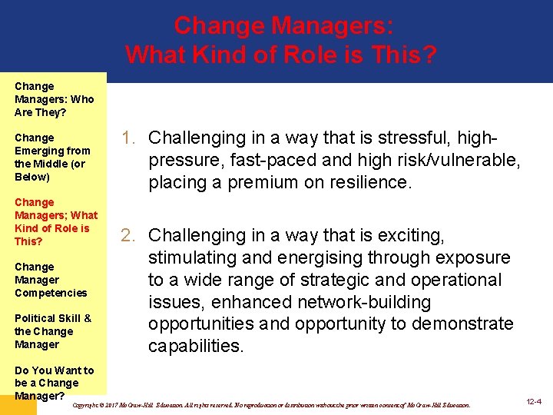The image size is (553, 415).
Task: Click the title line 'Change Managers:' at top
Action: [x=284, y=25]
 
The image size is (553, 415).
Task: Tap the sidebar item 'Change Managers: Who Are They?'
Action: [x=54, y=99]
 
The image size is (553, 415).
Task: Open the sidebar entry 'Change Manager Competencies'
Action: [x=51, y=280]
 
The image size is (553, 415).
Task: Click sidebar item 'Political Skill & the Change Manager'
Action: [x=52, y=331]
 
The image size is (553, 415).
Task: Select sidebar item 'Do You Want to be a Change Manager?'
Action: [x=54, y=383]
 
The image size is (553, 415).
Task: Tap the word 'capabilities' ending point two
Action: [x=196, y=347]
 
